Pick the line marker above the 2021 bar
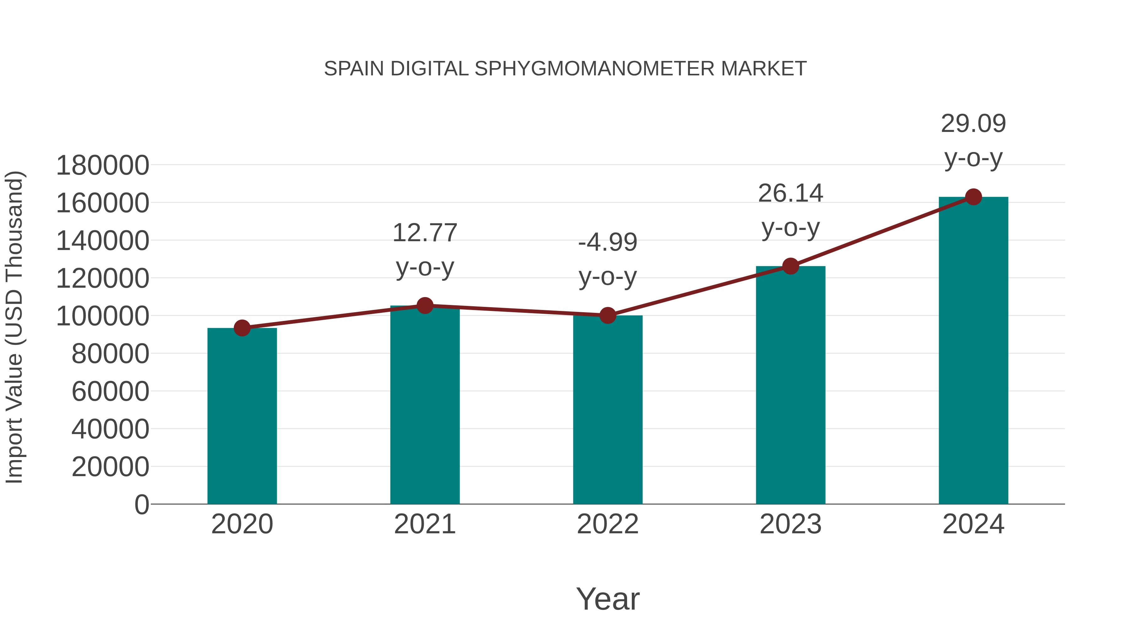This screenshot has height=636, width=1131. tap(424, 306)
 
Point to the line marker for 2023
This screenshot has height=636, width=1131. tap(790, 266)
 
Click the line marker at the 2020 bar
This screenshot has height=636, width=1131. tap(242, 328)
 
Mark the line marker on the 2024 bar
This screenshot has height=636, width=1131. tap(973, 197)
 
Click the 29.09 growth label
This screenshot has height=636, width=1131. tap(973, 124)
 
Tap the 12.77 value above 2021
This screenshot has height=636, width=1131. tap(424, 233)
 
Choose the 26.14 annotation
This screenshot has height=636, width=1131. tap(790, 193)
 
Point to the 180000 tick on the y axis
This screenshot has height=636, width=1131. tap(103, 166)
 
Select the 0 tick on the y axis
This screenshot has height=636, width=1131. tap(142, 504)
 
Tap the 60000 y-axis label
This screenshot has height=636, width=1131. tap(110, 392)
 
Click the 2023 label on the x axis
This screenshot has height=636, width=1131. tap(790, 524)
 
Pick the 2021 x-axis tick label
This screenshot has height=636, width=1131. tap(424, 524)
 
